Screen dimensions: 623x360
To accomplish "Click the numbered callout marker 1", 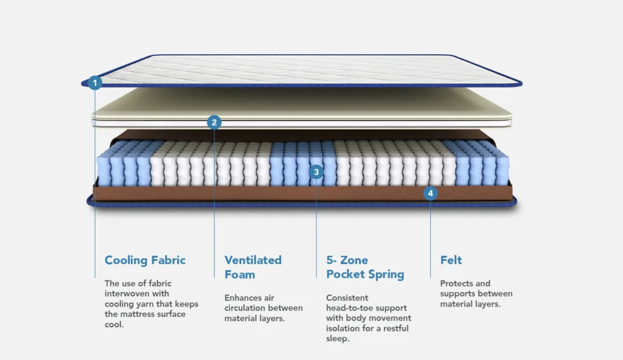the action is click(x=94, y=83).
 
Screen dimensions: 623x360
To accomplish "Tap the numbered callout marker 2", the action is click(x=214, y=122).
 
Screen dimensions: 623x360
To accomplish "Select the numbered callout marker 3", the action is click(x=316, y=172).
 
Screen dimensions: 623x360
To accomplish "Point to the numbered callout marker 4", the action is click(x=430, y=193).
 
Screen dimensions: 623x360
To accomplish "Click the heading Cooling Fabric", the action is click(x=145, y=260).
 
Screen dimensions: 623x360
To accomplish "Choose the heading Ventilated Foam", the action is click(x=252, y=267).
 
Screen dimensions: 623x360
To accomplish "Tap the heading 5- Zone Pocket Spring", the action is click(x=365, y=267).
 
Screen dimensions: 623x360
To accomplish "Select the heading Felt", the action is click(x=451, y=260).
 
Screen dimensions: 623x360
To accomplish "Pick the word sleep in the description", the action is click(x=336, y=339).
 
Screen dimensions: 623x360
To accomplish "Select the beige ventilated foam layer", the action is click(x=302, y=103).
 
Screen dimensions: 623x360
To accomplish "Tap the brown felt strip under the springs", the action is click(x=302, y=193).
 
